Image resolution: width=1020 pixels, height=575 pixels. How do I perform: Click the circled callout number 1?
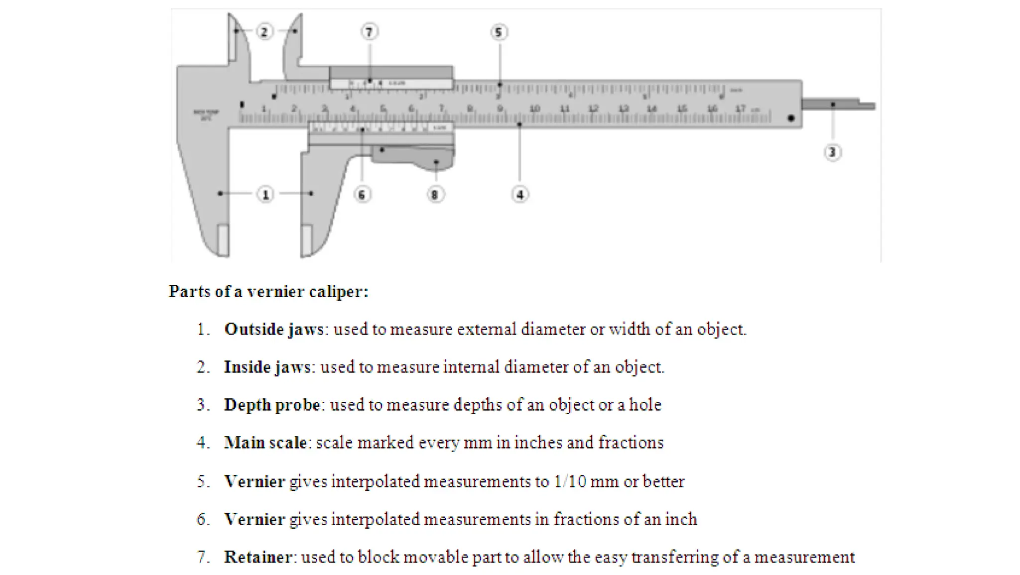[265, 194]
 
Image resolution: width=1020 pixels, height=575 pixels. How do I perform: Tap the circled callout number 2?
[264, 32]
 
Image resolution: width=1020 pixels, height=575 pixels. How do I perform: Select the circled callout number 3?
[832, 152]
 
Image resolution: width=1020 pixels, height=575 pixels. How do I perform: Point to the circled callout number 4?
[520, 195]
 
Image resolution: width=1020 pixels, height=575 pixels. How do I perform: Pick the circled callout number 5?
[499, 33]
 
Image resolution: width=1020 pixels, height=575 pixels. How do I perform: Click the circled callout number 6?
[362, 195]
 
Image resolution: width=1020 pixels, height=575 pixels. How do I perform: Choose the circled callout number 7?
[369, 32]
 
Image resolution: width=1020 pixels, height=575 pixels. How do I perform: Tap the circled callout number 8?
[435, 195]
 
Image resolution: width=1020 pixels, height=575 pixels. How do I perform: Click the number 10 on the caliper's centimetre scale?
[534, 109]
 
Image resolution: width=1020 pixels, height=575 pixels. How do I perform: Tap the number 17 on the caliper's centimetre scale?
[741, 109]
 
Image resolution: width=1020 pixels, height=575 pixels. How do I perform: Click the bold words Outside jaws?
[274, 330]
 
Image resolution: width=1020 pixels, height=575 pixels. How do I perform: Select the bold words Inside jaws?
[267, 367]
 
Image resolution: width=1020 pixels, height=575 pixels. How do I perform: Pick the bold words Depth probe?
[272, 405]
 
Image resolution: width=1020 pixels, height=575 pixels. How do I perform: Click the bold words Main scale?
[265, 443]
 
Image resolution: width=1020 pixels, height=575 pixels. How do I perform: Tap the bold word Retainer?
[258, 557]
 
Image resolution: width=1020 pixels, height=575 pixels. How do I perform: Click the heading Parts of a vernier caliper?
[268, 292]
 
